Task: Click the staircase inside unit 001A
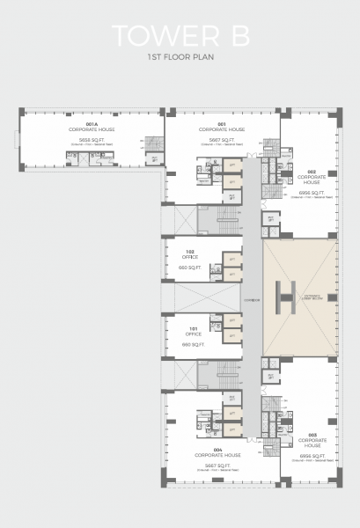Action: (153, 145)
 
